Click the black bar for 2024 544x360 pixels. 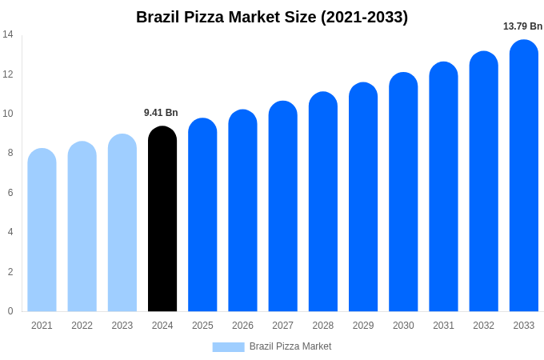162,220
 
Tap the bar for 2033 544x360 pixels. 524,176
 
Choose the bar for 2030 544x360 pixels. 403,192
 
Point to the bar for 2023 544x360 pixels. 122,223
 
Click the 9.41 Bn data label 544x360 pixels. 161,113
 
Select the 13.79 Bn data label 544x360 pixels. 522,26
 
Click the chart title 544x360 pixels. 272,17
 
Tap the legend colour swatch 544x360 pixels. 228,346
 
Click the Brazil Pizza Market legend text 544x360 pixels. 290,346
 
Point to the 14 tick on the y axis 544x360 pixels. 8,34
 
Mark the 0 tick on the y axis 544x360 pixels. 10,311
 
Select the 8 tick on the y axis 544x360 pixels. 10,153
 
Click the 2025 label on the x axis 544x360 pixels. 202,326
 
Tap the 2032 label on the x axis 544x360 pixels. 483,326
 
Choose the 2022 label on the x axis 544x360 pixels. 82,326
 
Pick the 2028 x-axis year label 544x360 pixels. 323,326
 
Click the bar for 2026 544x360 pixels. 242,211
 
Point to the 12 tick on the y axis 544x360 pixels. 8,74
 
